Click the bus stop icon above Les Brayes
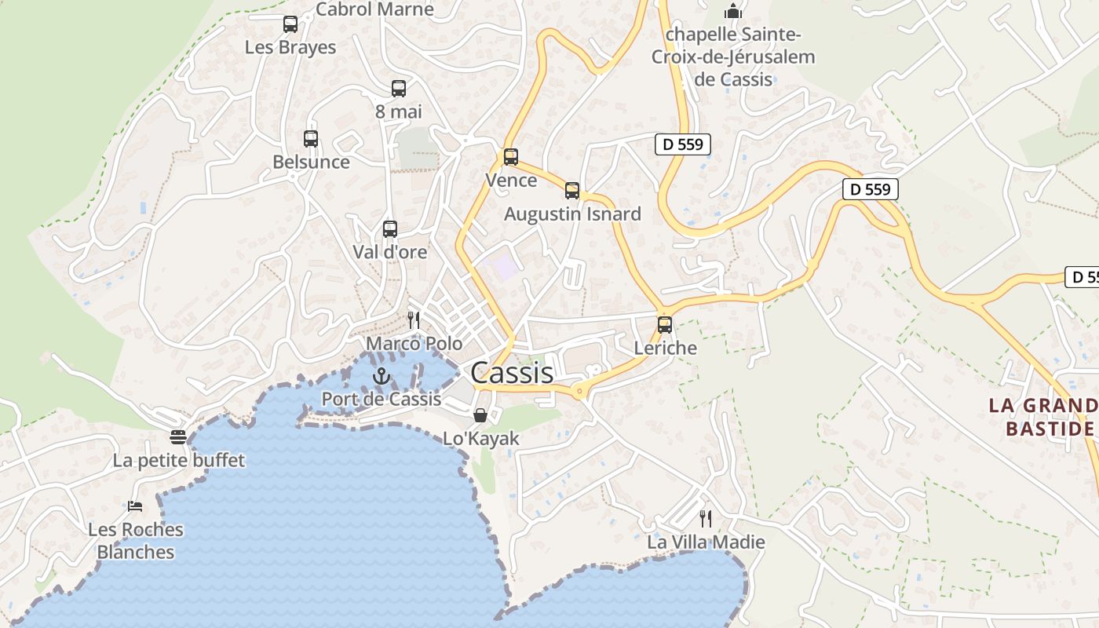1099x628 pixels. click(x=290, y=24)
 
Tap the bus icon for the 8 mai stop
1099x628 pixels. click(x=399, y=89)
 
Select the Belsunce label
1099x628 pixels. click(x=311, y=162)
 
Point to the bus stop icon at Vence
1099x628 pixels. click(x=511, y=157)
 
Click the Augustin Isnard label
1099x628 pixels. click(x=572, y=214)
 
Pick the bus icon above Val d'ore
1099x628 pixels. click(x=390, y=229)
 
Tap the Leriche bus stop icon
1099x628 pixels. click(x=665, y=324)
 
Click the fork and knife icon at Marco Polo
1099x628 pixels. click(x=414, y=320)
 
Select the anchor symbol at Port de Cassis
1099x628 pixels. click(x=382, y=376)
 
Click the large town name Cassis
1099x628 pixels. click(x=512, y=373)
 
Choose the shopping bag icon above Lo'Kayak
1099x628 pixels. click(x=480, y=415)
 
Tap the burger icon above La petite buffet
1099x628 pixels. click(x=179, y=437)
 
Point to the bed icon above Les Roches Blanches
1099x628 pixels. click(x=135, y=506)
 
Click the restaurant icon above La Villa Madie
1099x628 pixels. click(x=706, y=518)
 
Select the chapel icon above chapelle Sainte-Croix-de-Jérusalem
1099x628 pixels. click(x=733, y=11)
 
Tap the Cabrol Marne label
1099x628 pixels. click(x=374, y=9)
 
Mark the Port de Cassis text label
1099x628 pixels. click(x=382, y=399)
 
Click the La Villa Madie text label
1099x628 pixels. click(x=706, y=542)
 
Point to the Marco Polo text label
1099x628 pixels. click(x=414, y=344)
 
